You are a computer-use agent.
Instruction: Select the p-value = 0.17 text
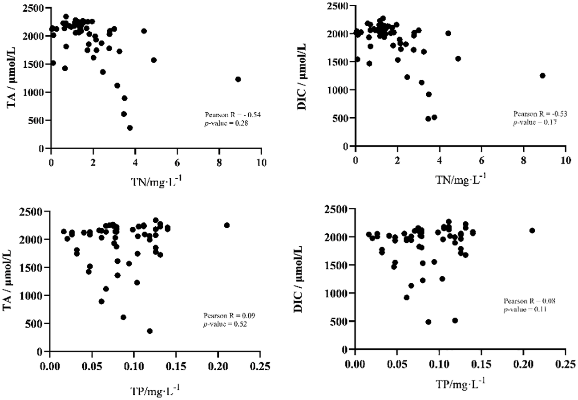[534, 122]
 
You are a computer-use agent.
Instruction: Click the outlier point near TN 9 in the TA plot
[238, 79]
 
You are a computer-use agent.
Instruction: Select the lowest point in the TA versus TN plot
[130, 128]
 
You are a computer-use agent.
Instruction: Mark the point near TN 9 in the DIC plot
[542, 76]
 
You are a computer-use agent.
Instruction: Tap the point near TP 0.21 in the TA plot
[227, 225]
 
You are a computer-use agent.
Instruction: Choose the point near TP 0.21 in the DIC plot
[532, 230]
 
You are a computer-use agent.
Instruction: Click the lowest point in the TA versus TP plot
[150, 331]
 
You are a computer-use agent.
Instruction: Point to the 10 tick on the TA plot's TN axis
[262, 162]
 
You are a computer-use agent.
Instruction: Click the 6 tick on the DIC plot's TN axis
[481, 159]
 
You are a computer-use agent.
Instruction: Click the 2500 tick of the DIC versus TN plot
[337, 6]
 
